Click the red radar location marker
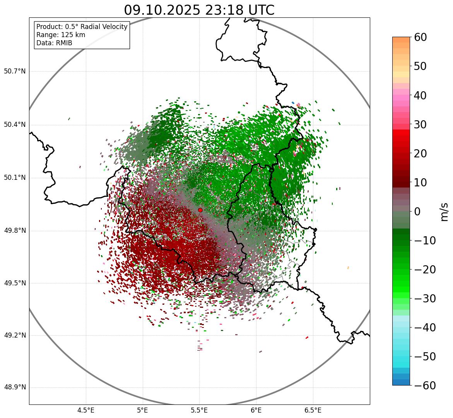click(x=200, y=210)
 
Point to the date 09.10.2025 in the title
click(x=162, y=10)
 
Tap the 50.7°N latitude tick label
click(x=15, y=72)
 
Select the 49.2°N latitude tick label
click(x=15, y=335)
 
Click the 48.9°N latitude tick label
click(x=15, y=388)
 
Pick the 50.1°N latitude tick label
click(x=15, y=178)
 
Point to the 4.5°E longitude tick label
click(x=86, y=410)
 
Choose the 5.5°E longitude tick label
click(x=199, y=410)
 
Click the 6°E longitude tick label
click(x=256, y=410)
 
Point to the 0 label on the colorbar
click(x=417, y=212)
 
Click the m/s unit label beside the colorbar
click(x=444, y=212)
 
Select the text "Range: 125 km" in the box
click(x=61, y=35)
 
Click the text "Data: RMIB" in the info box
click(x=54, y=43)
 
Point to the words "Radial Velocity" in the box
click(x=103, y=27)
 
